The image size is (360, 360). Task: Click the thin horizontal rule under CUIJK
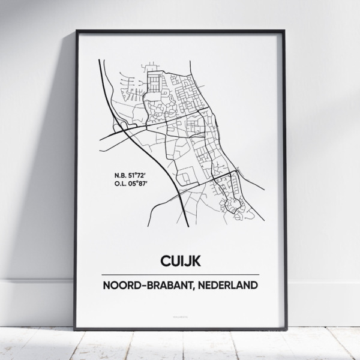pyautogui.click(x=181, y=274)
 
